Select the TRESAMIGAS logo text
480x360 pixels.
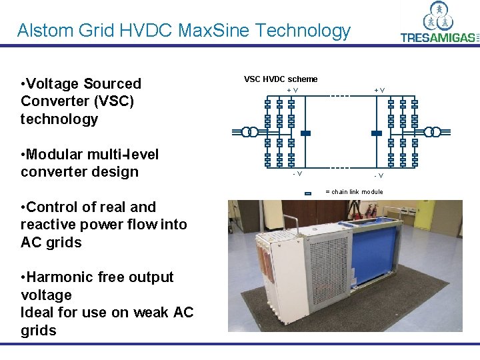point(438,37)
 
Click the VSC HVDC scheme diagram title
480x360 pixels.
point(281,79)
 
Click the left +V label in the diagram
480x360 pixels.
point(292,89)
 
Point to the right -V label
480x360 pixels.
point(378,175)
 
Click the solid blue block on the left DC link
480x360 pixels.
point(305,133)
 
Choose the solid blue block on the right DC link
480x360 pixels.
point(376,133)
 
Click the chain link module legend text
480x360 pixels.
point(353,192)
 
